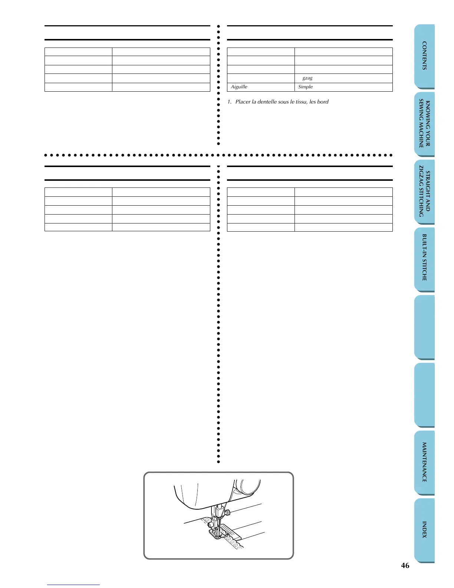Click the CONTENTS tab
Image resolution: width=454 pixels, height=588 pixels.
point(424,56)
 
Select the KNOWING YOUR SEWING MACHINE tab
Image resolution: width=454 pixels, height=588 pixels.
point(424,124)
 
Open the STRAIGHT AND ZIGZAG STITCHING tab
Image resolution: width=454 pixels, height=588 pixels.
point(424,192)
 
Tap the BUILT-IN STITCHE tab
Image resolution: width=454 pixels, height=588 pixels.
point(424,258)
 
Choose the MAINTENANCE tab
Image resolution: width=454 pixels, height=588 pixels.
point(424,462)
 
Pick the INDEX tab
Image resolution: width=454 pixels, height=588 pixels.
point(424,530)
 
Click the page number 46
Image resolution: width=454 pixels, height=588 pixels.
point(405,565)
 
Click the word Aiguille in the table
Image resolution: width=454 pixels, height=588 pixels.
point(239,87)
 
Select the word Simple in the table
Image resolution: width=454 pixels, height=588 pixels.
point(305,87)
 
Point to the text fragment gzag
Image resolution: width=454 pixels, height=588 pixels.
point(307,78)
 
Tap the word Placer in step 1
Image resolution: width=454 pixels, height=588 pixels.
point(243,102)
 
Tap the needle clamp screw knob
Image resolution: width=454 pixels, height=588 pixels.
point(228,513)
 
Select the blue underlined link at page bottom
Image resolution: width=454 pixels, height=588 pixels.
point(73,585)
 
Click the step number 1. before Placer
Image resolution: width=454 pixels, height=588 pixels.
point(229,102)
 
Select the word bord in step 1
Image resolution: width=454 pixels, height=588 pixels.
point(323,102)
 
